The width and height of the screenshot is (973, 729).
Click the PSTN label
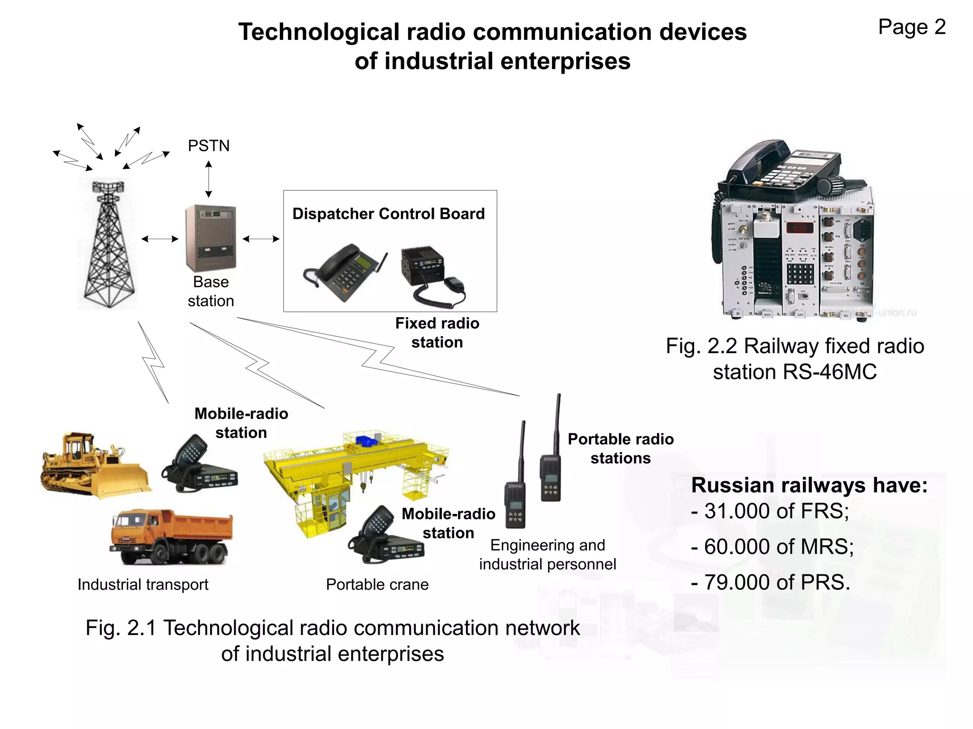pos(209,146)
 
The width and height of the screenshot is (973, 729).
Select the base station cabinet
pos(210,237)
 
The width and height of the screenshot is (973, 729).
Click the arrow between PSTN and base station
pos(209,179)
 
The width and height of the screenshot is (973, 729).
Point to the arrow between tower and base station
pos(160,239)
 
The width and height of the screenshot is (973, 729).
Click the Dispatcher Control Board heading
pos(388,214)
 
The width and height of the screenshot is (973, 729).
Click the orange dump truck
pos(171,536)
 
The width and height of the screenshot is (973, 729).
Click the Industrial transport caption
pos(143,584)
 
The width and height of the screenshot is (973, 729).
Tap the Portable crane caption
pos(377,584)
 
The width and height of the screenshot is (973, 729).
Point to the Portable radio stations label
pos(620,449)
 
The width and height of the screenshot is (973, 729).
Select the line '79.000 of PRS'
pos(771,582)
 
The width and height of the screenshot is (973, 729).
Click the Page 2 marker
pos(912,27)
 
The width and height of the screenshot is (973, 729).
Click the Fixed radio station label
pos(437,333)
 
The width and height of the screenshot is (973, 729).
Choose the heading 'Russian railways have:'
pos(809,485)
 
